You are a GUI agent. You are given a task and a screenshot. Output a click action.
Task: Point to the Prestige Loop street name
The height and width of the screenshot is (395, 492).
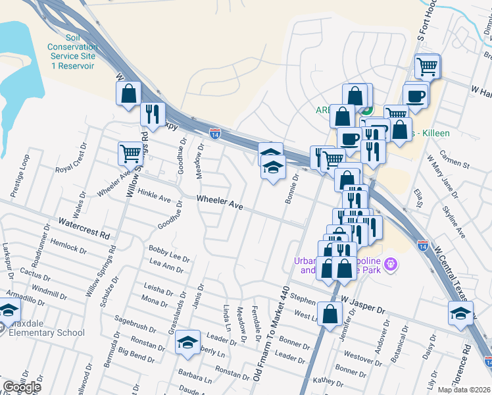click(x=20, y=176)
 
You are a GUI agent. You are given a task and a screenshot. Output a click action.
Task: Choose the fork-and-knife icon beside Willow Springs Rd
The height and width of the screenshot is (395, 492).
click(x=152, y=113)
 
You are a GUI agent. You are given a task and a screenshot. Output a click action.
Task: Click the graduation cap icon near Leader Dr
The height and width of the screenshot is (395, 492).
click(x=187, y=342)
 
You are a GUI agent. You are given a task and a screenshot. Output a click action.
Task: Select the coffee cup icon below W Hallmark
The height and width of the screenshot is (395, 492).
click(x=416, y=95)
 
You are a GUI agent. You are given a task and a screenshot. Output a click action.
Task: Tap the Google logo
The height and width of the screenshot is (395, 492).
click(x=22, y=387)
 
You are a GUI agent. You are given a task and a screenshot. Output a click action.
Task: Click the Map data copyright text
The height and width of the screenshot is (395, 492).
click(x=464, y=390)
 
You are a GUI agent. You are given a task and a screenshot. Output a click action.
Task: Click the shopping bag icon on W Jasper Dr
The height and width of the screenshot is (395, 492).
click(x=330, y=314)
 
